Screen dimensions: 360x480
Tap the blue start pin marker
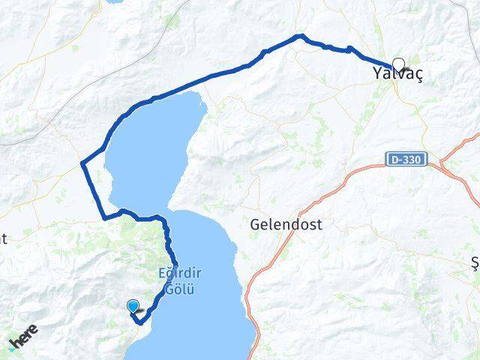click(x=133, y=306)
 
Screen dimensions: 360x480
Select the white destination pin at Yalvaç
click(x=397, y=65)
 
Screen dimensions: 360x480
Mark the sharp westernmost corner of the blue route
click(x=82, y=163)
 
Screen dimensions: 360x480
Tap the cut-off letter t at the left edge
click(x=4, y=239)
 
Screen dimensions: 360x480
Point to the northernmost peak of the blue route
click(x=301, y=35)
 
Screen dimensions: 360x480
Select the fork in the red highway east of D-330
click(x=444, y=161)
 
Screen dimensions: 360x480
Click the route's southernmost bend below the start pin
click(x=140, y=322)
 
